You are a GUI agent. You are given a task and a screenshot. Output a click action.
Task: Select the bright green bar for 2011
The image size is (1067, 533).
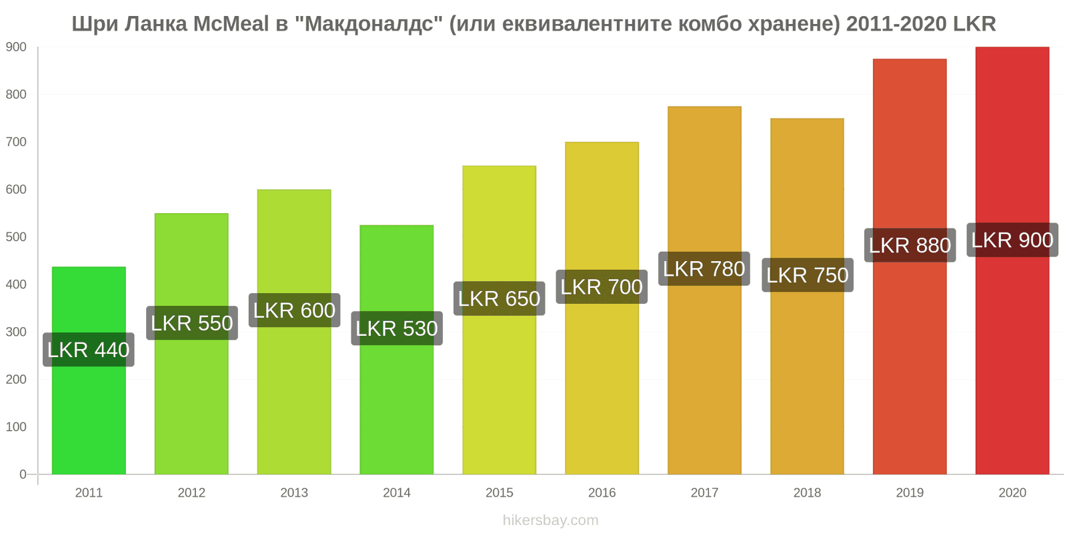click(x=89, y=370)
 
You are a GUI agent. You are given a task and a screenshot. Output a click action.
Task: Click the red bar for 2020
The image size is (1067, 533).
click(x=1012, y=261)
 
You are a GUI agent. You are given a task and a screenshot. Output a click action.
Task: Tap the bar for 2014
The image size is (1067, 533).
click(x=397, y=349)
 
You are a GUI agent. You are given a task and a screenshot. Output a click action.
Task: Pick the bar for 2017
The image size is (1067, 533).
click(x=704, y=290)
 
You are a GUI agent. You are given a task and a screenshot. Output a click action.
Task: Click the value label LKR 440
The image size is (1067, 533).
click(x=89, y=350)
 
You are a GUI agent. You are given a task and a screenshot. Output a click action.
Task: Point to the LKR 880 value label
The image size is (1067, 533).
click(x=910, y=245)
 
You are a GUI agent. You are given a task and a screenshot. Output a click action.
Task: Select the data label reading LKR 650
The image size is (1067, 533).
click(x=499, y=298)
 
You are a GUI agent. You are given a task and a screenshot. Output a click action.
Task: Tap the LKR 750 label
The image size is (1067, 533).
click(x=808, y=275)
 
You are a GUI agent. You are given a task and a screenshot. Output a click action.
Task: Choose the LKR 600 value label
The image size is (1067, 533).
click(x=294, y=310)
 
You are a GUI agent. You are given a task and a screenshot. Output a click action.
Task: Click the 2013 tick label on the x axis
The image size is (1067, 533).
click(x=294, y=492)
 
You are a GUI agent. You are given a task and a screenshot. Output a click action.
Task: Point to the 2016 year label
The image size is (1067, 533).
click(x=602, y=492)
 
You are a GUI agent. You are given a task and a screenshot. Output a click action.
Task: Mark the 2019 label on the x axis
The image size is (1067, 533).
click(x=910, y=492)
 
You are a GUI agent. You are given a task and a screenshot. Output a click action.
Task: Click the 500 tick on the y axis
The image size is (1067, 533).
click(x=16, y=237)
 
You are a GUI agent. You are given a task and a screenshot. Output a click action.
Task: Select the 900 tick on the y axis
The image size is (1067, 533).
click(x=16, y=47)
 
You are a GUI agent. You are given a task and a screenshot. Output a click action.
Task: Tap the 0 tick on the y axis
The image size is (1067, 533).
click(x=23, y=474)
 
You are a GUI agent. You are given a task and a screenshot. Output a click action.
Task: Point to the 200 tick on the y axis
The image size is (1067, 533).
click(x=16, y=379)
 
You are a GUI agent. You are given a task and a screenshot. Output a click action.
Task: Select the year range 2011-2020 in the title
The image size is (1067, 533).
click(x=896, y=24)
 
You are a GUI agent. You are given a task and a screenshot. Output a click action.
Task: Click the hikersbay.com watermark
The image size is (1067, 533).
click(x=551, y=520)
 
